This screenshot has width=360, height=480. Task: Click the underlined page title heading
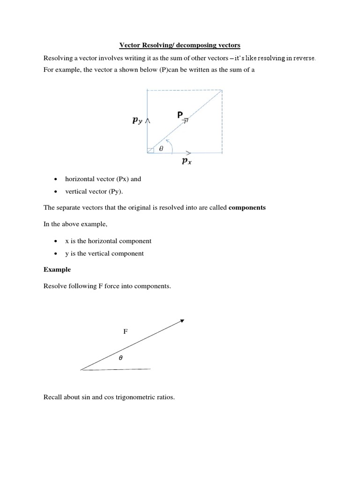tap(180, 45)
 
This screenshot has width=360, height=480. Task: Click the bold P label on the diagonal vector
tap(180, 114)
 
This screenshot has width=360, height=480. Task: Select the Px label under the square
tap(187, 162)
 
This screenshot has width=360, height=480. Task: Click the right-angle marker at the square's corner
tap(150, 150)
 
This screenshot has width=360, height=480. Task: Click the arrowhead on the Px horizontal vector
tap(188, 153)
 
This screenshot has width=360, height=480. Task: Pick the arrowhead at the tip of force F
tap(182, 321)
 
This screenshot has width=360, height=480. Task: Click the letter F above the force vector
tap(125, 331)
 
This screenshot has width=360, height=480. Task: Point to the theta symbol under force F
tap(120, 357)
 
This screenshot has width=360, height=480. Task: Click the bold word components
tap(247, 208)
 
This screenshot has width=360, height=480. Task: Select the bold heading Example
tap(57, 270)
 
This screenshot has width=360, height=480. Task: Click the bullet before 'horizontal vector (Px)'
tap(56, 179)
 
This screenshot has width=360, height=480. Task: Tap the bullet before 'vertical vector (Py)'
tap(56, 192)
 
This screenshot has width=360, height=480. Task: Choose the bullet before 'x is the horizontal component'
tap(56, 241)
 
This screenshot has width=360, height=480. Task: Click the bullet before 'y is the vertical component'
tap(56, 254)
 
